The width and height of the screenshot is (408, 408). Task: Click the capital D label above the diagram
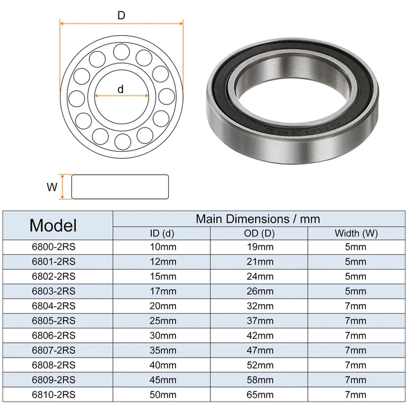[121, 15]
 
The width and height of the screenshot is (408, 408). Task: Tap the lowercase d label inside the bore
[120, 89]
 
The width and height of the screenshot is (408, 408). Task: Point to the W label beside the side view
[52, 187]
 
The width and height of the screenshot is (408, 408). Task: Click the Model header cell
[53, 225]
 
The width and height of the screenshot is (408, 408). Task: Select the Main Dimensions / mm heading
[258, 219]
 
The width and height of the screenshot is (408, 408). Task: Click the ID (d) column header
[162, 233]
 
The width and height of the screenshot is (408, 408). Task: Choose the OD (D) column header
[259, 233]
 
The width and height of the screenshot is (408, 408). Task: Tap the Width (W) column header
[356, 233]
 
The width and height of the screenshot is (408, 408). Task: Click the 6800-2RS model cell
[54, 247]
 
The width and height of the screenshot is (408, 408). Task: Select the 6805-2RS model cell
[54, 321]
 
